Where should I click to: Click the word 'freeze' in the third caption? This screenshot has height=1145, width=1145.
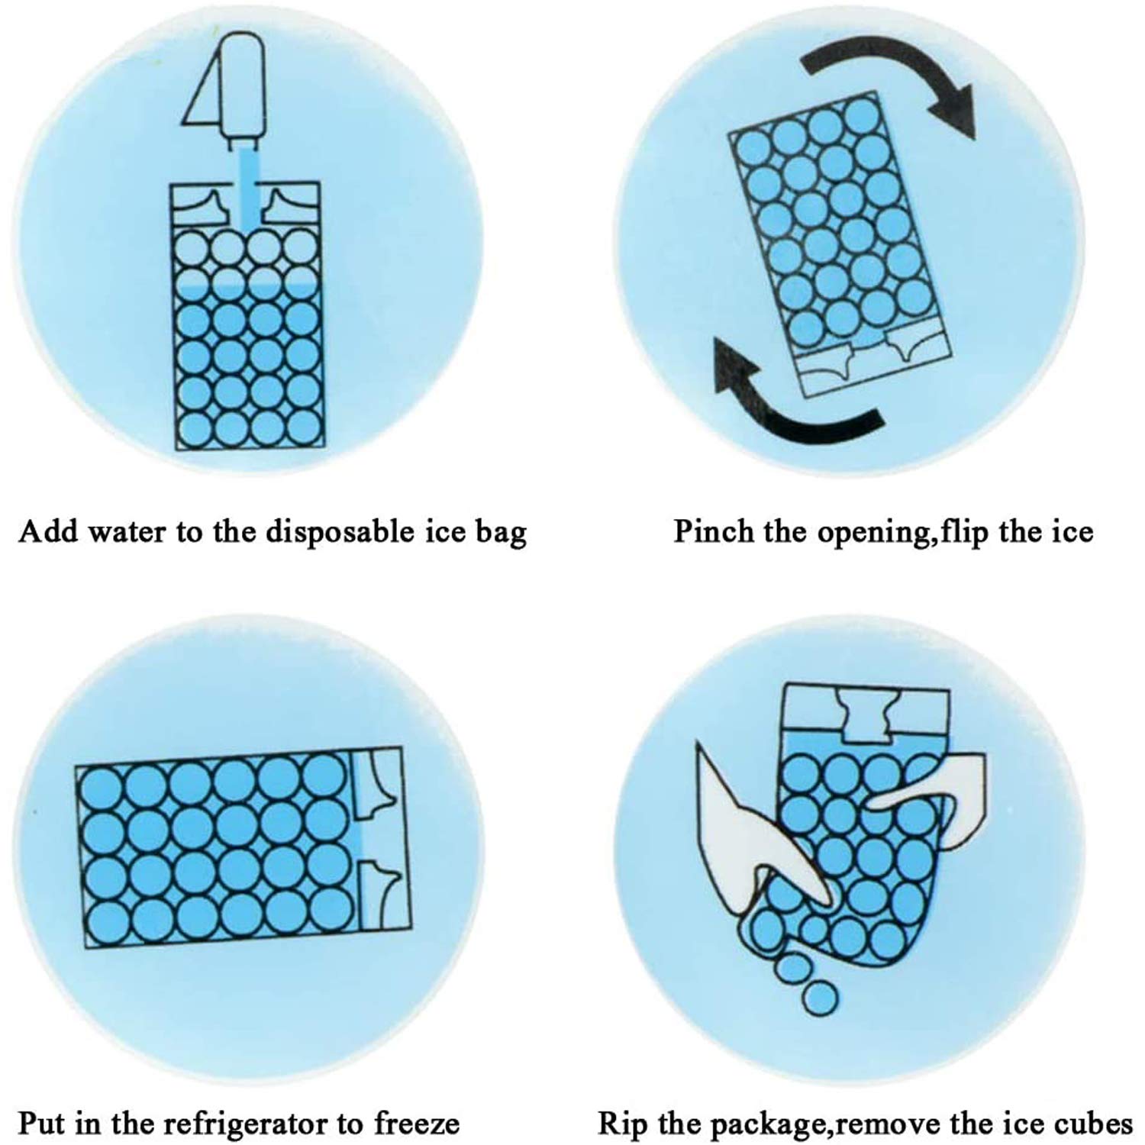tap(416, 1124)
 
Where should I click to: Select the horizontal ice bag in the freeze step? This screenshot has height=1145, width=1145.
tap(244, 847)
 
